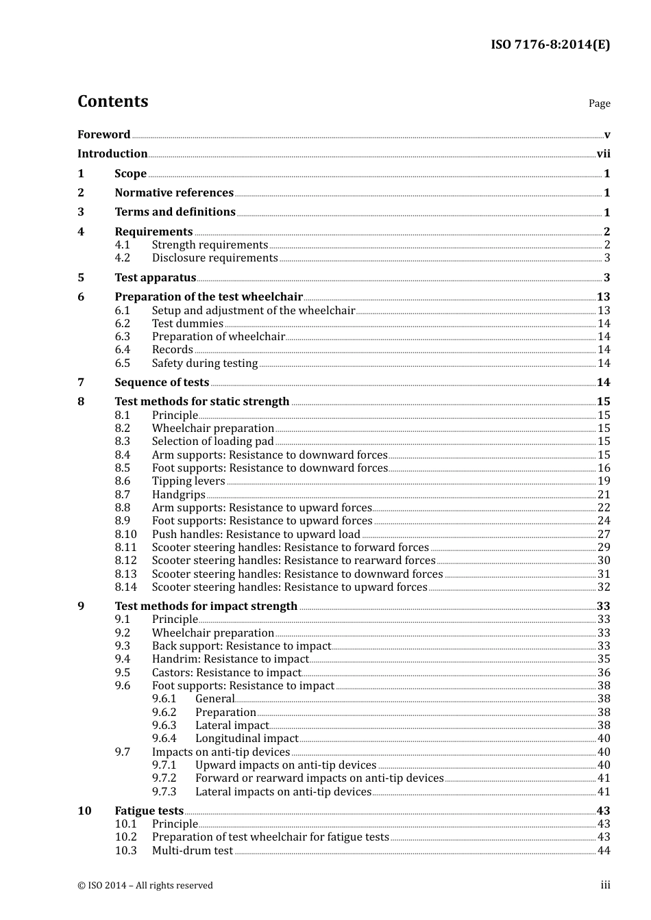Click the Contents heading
coord(112,101)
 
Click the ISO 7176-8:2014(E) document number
coord(550,45)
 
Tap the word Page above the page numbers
coord(599,103)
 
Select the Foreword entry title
coord(103,135)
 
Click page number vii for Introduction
coord(603,154)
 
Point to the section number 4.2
coord(122,258)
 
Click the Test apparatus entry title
coord(155,278)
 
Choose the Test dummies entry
coord(187,324)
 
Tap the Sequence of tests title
coord(162,383)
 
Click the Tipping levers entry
coord(188,481)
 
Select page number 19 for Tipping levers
coord(604,481)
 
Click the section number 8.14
coord(125,587)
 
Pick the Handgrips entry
coord(178,495)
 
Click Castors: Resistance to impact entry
coord(226,673)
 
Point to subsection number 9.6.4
coord(164,739)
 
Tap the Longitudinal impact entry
coord(246,739)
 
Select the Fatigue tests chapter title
coord(149,811)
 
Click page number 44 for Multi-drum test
coord(604,851)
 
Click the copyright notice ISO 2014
coord(145,886)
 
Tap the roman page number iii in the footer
coord(605,885)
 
